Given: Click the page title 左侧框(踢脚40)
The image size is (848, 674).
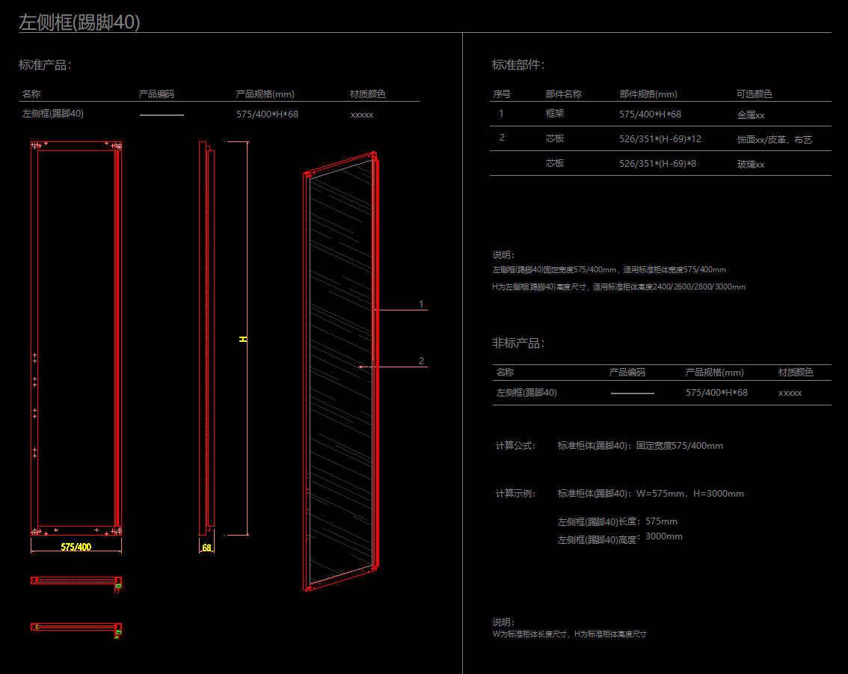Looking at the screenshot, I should click(79, 22).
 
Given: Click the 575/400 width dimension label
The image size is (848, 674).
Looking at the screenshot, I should click(76, 547).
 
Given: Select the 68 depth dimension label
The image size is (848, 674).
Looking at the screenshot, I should click(207, 548).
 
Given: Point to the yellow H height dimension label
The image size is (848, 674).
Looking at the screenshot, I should click(243, 339).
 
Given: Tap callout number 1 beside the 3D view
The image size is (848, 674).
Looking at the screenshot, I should click(421, 304).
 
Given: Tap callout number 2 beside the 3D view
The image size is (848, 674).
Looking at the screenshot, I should click(421, 361).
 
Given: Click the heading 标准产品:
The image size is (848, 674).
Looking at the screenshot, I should click(45, 65).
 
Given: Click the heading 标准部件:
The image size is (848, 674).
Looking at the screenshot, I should click(518, 65).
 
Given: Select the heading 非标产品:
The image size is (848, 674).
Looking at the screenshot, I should click(518, 343).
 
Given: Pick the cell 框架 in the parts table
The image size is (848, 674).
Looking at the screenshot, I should click(555, 114).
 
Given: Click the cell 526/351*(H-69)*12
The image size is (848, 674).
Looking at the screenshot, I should click(660, 138).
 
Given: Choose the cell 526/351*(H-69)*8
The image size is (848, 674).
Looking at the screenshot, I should click(657, 163).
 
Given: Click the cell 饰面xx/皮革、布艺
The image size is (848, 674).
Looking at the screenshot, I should click(774, 140).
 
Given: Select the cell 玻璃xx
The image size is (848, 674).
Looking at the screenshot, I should click(751, 165).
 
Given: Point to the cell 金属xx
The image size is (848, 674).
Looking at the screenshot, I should click(751, 115).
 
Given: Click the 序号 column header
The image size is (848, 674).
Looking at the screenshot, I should click(502, 94).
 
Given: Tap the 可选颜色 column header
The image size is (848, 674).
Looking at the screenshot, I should click(754, 94).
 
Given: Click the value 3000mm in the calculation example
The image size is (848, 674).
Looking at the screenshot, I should click(664, 536).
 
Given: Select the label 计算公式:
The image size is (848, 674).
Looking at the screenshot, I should click(516, 446).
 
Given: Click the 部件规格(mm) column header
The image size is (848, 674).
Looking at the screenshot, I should click(648, 94).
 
